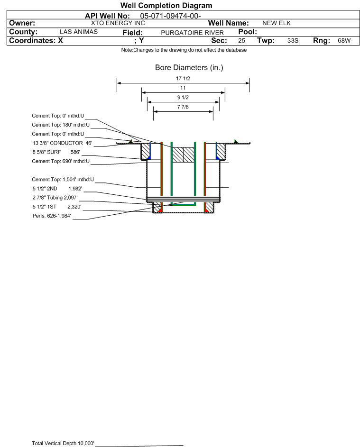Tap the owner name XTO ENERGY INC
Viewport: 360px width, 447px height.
118,23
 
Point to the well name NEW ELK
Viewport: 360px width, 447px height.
276,23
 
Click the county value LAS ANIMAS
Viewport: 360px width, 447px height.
79,32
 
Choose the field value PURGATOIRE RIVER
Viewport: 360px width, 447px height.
192,33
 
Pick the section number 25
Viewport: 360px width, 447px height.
242,41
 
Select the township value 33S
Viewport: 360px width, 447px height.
292,41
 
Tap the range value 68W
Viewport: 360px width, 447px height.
344,41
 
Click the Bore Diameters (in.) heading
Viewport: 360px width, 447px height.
189,68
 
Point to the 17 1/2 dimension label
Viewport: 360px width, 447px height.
183,79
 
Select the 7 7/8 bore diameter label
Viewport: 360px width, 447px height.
183,107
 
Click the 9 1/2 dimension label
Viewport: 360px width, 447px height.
183,97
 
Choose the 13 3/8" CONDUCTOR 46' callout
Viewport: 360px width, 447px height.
62,143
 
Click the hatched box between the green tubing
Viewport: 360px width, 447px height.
183,155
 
